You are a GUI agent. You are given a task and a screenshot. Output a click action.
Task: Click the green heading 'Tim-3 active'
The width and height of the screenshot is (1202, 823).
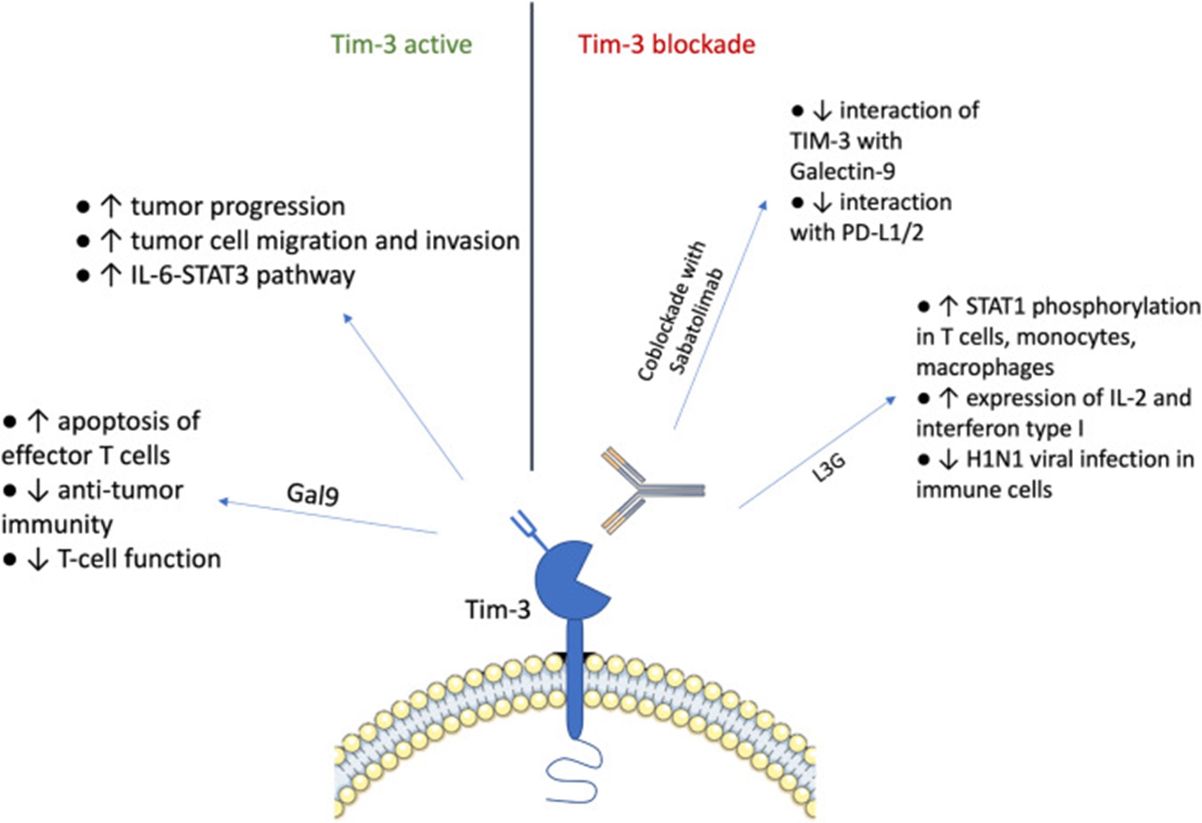[x=401, y=44]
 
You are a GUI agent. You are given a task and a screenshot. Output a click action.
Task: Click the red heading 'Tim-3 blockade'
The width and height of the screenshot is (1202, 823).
[x=667, y=44]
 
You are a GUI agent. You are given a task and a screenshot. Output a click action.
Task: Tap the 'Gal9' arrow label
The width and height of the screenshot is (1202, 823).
[x=313, y=494]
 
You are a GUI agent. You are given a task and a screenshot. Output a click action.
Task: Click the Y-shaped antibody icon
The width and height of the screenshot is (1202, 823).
[x=652, y=490]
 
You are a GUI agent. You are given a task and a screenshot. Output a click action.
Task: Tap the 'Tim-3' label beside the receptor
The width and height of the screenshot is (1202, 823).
[x=498, y=609]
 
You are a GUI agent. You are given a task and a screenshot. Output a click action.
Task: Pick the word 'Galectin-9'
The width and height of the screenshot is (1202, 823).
[x=842, y=171]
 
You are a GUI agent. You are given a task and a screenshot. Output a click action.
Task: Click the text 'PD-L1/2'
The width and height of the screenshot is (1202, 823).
[x=883, y=233]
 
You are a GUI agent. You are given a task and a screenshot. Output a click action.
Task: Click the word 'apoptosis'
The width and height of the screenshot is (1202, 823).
[x=128, y=422]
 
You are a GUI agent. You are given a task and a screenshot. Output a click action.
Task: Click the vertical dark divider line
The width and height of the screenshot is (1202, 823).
[x=532, y=236]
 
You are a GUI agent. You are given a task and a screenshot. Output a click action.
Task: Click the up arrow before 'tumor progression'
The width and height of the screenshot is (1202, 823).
[x=110, y=207]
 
